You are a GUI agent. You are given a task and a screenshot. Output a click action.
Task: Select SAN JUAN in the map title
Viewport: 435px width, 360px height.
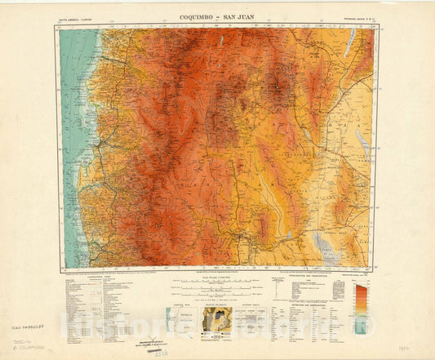242,16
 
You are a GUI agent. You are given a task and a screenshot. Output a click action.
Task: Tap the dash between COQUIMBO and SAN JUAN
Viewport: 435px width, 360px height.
219,16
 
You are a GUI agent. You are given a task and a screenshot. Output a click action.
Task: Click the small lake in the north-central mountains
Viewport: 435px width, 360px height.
221,38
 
